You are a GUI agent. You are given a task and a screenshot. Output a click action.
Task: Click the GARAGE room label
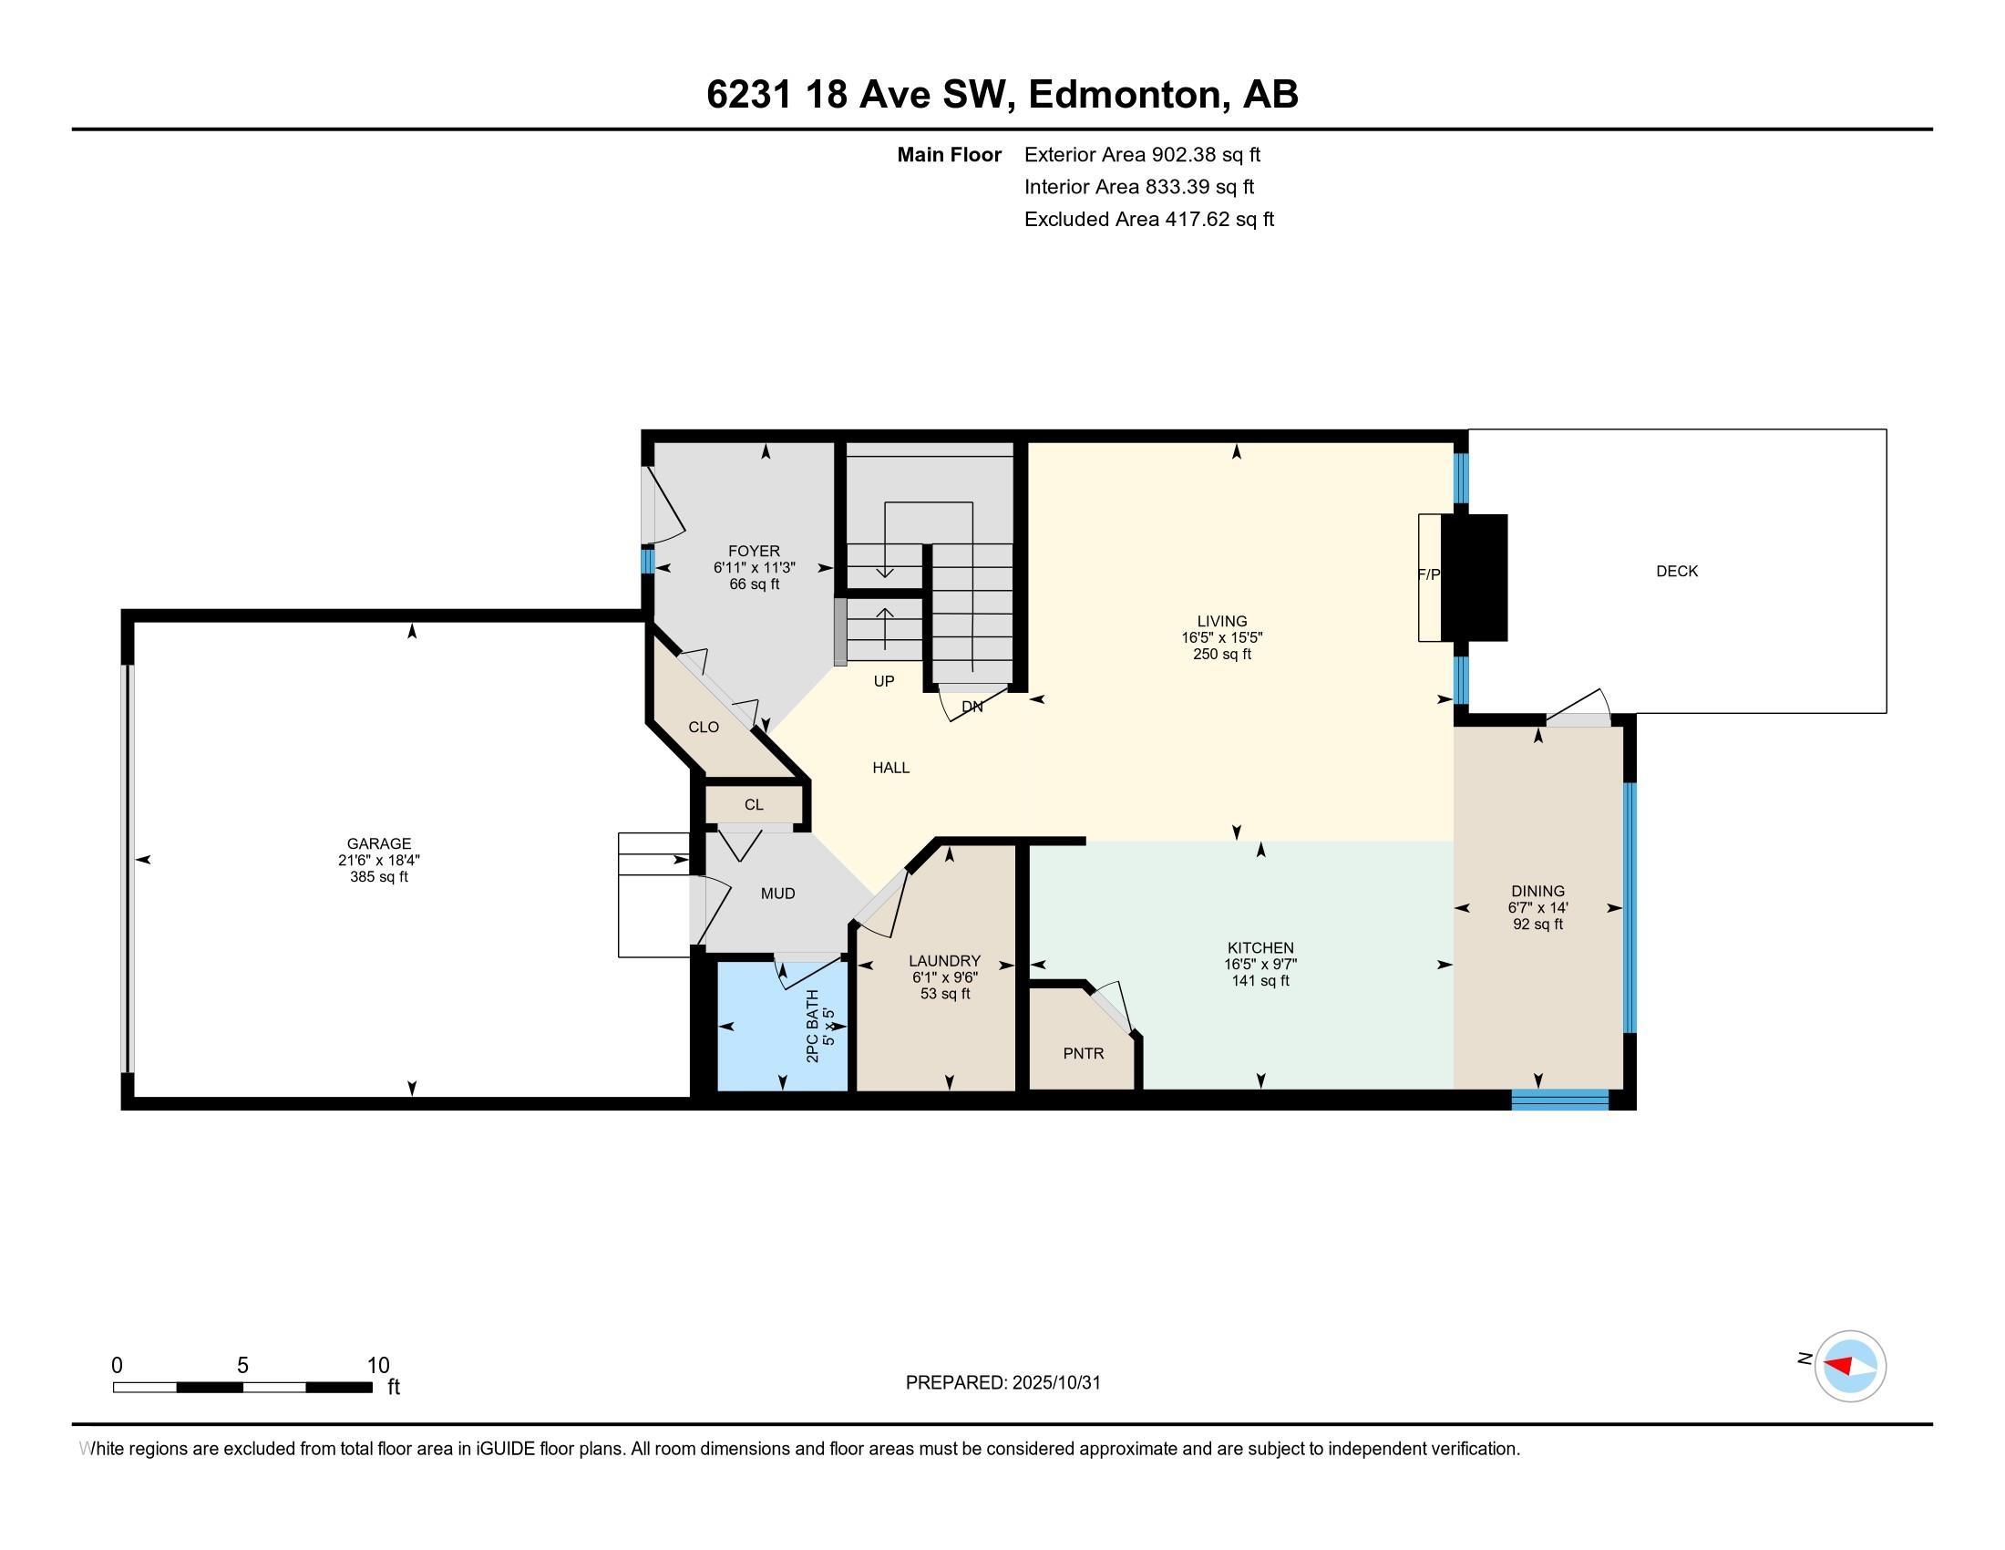pyautogui.click(x=378, y=843)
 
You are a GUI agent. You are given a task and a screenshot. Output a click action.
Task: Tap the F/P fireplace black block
pyautogui.click(x=1475, y=577)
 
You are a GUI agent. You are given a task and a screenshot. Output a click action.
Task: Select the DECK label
pyautogui.click(x=1676, y=571)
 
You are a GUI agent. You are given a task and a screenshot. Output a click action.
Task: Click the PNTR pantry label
pyautogui.click(x=1084, y=1053)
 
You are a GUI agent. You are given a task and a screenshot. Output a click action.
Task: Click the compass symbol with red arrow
pyautogui.click(x=1849, y=1367)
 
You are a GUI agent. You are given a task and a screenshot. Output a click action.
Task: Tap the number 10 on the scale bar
pyautogui.click(x=378, y=1366)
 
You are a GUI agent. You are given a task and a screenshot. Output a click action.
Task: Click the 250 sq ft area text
pyautogui.click(x=1222, y=654)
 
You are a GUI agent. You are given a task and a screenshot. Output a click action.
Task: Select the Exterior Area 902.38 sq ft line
pyautogui.click(x=1142, y=154)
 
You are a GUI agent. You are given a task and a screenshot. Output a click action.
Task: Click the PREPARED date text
pyautogui.click(x=1002, y=1383)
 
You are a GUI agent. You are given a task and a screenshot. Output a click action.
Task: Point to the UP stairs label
pyautogui.click(x=883, y=681)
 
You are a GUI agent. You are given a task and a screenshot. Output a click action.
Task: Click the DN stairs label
pyautogui.click(x=972, y=706)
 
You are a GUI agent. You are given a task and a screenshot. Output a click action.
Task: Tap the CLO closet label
pyautogui.click(x=704, y=728)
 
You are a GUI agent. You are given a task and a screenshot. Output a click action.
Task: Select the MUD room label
pyautogui.click(x=777, y=894)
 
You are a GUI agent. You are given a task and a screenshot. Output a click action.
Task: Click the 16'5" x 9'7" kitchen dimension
pyautogui.click(x=1260, y=964)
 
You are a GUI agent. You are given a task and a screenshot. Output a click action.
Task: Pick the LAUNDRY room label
pyautogui.click(x=946, y=960)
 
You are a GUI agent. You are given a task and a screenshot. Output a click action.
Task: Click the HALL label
pyautogui.click(x=890, y=768)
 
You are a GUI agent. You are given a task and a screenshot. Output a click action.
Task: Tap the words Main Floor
pyautogui.click(x=949, y=154)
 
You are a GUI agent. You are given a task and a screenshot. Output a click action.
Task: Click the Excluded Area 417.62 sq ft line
pyautogui.click(x=1148, y=219)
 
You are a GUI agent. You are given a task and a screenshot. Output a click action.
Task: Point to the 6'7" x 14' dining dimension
pyautogui.click(x=1537, y=907)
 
